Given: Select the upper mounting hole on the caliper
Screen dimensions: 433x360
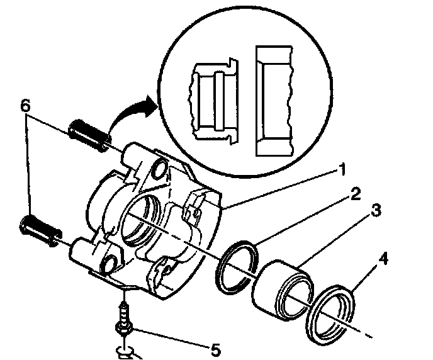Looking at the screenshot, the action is pos(159,168).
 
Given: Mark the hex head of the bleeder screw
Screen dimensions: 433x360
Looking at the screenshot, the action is pos(122,329).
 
